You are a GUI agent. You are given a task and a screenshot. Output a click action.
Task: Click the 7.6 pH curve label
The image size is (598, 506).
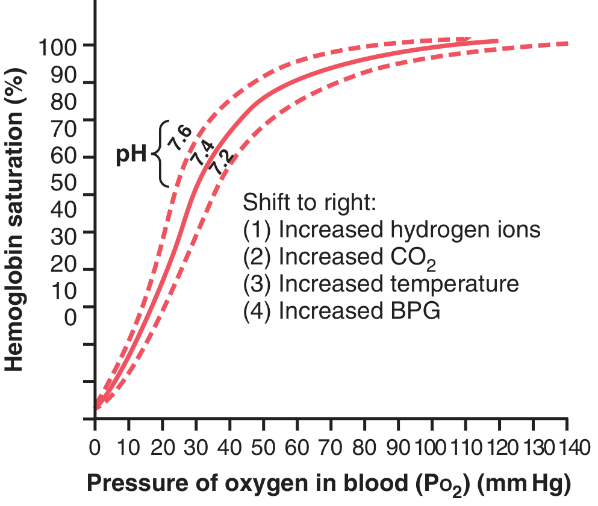coord(180,139)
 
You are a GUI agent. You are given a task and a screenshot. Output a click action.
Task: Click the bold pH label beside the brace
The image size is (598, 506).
coord(132,155)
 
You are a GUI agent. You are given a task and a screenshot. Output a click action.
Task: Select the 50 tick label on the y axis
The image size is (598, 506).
coord(63,183)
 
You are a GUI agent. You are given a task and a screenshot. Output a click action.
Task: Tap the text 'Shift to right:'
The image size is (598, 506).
coord(310,202)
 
